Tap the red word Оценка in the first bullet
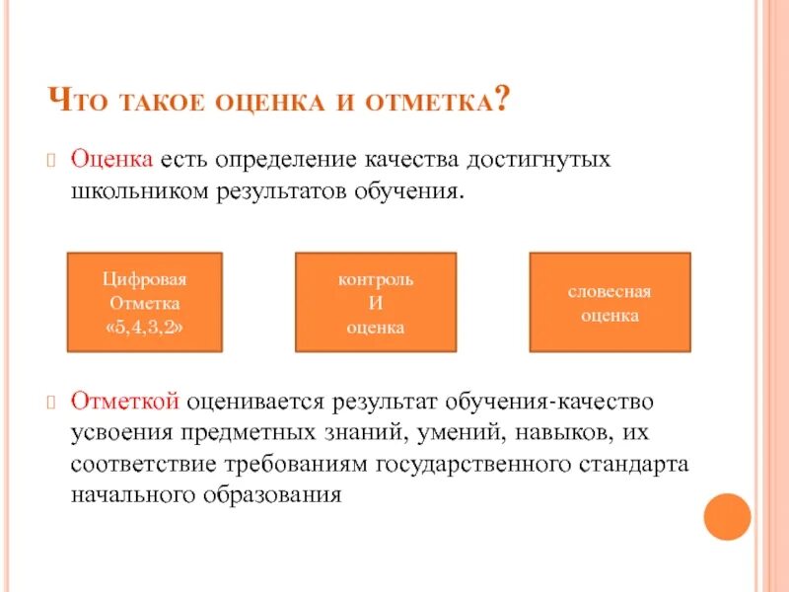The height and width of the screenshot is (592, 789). click(x=109, y=160)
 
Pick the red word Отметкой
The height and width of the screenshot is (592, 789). click(x=123, y=402)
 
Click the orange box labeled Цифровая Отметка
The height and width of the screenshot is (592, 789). click(x=144, y=302)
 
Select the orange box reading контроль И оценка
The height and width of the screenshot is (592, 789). click(x=376, y=302)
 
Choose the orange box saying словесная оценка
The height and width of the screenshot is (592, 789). click(x=610, y=302)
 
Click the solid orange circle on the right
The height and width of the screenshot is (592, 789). click(x=727, y=515)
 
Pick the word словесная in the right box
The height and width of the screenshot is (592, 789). click(x=610, y=292)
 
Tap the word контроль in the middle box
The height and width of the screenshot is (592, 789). click(x=376, y=279)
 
